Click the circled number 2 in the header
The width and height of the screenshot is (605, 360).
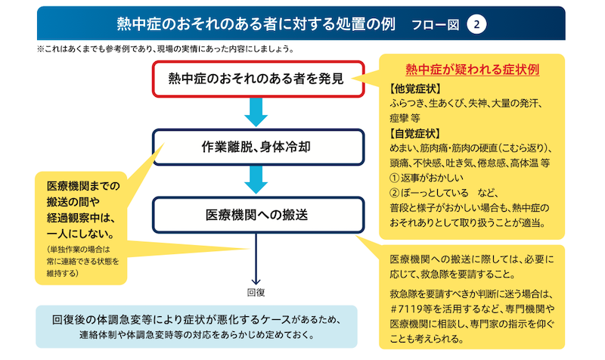[x=476, y=24]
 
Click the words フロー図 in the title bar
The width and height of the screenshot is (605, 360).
[x=436, y=25]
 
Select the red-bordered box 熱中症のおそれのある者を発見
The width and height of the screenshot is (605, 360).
[x=258, y=79]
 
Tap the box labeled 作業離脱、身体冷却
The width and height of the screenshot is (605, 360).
[x=258, y=147]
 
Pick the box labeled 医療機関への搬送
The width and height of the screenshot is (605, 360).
[x=258, y=215]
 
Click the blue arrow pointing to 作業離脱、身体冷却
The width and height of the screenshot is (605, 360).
[x=256, y=112]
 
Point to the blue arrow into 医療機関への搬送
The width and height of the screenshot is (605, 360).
[x=256, y=180]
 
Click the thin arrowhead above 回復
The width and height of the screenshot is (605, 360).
[x=256, y=281]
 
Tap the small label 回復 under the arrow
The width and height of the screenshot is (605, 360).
[x=256, y=293]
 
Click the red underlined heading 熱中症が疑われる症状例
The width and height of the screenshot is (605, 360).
[x=472, y=70]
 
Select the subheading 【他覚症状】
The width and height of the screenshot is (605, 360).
[x=414, y=88]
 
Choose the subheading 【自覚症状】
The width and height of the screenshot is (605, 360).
[x=414, y=134]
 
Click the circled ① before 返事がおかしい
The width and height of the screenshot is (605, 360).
[x=394, y=178]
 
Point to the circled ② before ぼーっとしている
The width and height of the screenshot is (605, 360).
[x=394, y=193]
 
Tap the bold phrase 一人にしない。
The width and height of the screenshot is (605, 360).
[x=81, y=234]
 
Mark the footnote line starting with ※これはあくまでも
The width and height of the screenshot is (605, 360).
[x=166, y=49]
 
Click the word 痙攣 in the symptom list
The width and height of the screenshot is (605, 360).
[x=399, y=118]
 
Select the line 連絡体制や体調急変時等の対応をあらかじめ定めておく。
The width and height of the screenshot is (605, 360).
[x=197, y=334]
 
